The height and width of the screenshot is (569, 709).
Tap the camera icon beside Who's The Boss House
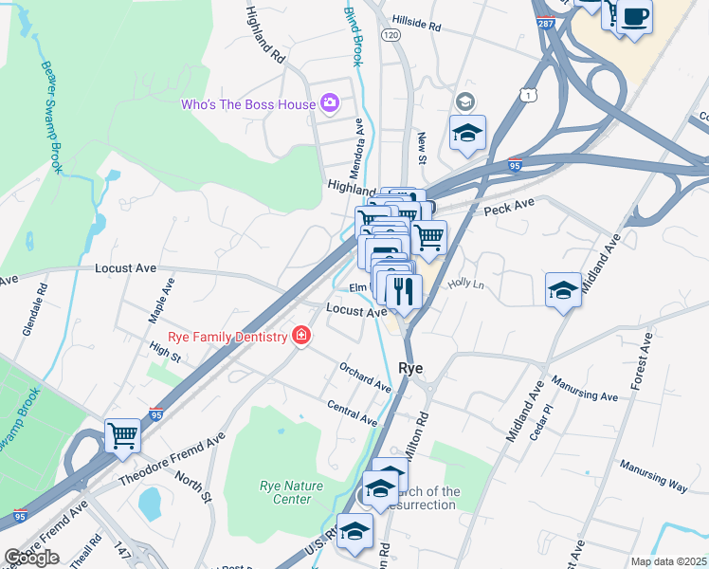(x=330, y=102)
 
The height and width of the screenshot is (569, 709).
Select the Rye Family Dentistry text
(x=227, y=338)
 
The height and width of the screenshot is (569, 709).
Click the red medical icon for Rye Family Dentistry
(x=301, y=337)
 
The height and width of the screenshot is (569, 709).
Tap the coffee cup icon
(x=635, y=17)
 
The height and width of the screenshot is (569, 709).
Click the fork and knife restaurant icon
(x=404, y=291)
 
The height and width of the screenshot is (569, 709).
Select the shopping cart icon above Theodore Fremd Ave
(x=123, y=436)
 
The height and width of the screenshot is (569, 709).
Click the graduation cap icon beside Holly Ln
(x=563, y=289)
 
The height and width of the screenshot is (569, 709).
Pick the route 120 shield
(x=391, y=34)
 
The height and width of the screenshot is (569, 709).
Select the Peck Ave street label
(x=510, y=206)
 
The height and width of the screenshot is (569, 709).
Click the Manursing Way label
(x=653, y=474)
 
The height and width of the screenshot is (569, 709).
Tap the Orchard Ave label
(x=365, y=376)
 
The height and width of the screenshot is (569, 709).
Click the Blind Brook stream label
(x=352, y=33)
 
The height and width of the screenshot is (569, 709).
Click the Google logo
(x=31, y=558)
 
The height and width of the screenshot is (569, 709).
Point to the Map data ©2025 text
(x=669, y=561)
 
